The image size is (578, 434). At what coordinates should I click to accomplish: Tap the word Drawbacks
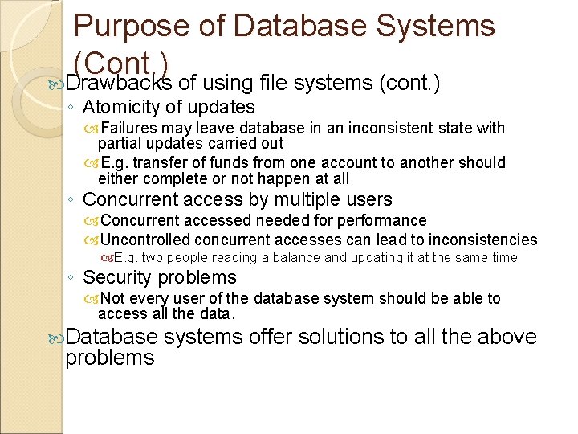119,83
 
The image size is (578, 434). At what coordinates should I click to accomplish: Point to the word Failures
130,128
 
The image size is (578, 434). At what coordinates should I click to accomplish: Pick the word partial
119,143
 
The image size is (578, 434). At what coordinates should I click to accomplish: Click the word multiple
294,199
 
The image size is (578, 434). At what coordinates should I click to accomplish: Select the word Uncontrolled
146,240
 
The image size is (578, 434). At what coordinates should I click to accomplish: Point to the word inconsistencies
482,240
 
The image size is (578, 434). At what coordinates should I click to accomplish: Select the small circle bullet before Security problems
72,278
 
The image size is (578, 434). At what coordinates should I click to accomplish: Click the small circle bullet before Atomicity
72,108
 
